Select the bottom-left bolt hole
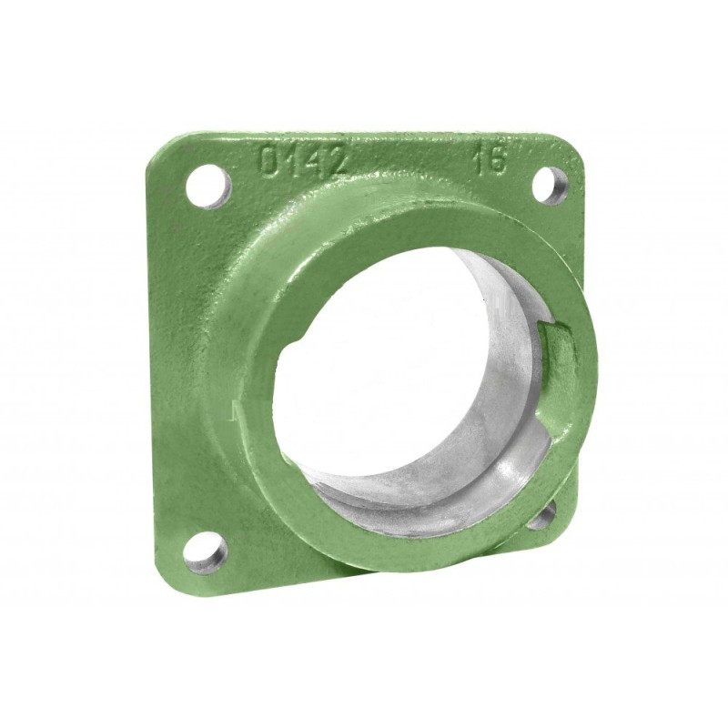206,553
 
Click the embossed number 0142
303,160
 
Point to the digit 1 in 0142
292,160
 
